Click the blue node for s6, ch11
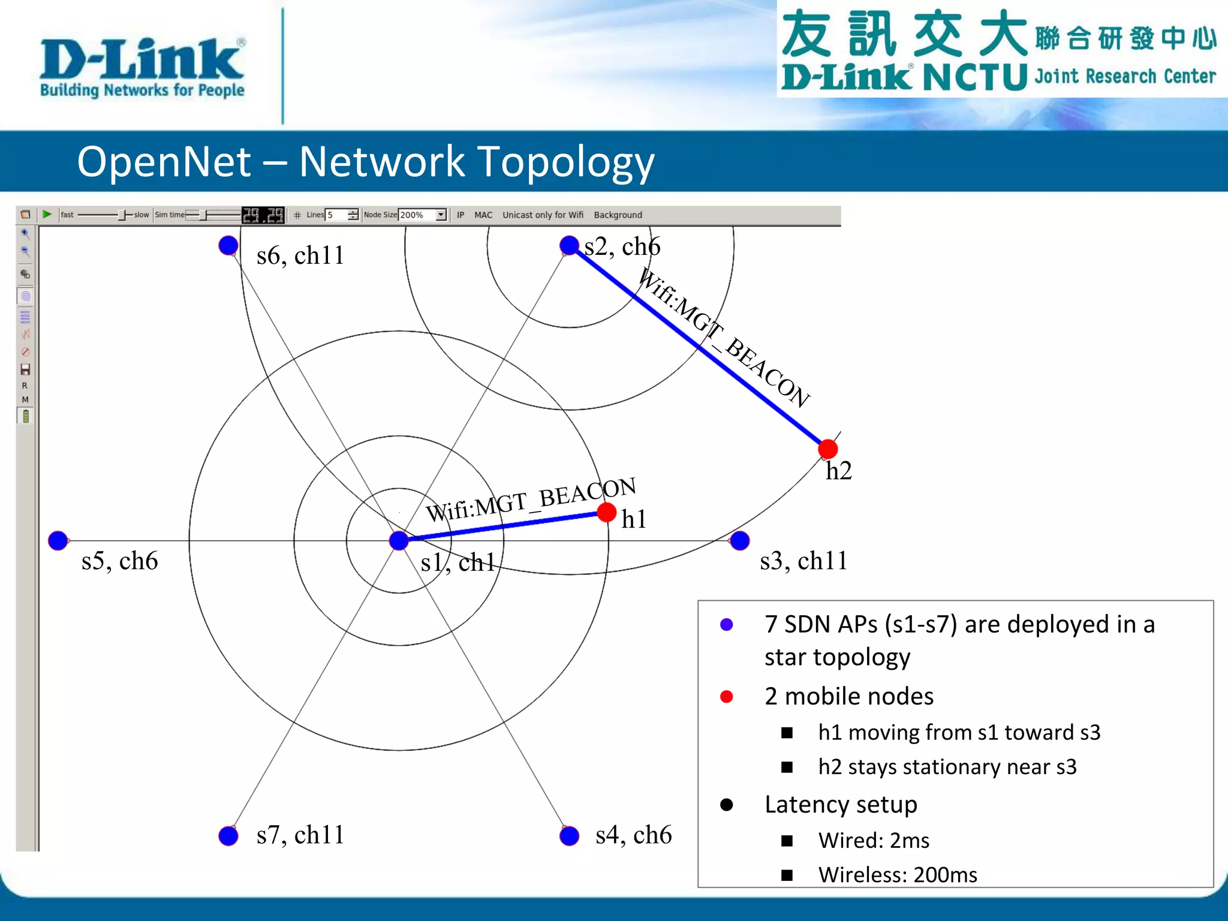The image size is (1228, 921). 228,245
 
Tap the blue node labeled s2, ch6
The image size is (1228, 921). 569,245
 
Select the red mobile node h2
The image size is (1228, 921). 827,449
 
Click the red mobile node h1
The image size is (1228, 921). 607,513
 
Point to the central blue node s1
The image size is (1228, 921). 399,541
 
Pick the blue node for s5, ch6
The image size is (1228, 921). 58,541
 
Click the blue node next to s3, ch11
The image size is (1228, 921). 740,541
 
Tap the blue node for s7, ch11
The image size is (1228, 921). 228,836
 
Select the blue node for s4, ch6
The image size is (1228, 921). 569,836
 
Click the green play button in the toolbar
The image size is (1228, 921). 47,215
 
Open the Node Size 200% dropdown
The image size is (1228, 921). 441,215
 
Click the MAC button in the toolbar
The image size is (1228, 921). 483,215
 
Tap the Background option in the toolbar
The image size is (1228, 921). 618,215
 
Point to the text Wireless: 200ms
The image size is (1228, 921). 898,875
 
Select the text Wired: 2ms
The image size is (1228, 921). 874,841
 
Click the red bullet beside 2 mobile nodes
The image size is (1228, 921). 727,697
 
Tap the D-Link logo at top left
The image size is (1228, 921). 142,66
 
